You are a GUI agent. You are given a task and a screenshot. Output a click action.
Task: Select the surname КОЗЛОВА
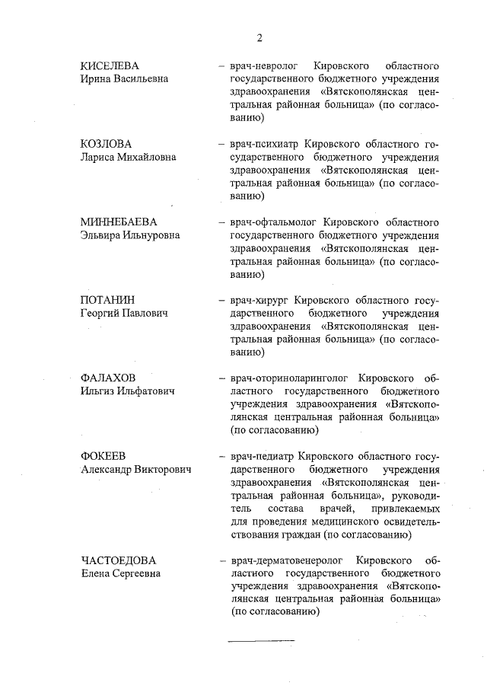(x=106, y=144)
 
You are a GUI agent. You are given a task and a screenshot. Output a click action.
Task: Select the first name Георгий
(x=102, y=313)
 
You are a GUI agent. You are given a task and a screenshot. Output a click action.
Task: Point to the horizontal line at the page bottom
(x=261, y=640)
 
